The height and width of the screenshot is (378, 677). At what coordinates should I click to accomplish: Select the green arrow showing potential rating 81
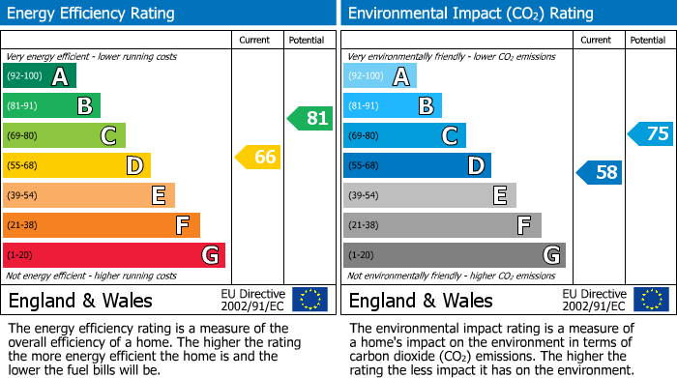pos(309,119)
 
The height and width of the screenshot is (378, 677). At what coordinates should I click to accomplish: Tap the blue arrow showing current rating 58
pos(600,173)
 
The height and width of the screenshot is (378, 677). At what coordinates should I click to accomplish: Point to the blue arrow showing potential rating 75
pos(651,134)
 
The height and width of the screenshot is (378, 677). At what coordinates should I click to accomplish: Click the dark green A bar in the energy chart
pos(40,76)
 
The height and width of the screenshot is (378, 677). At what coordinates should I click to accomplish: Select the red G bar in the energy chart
pos(114,255)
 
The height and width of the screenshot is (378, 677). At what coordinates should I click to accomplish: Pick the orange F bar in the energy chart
pos(102,225)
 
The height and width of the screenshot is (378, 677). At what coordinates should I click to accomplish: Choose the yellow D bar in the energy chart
pos(76,165)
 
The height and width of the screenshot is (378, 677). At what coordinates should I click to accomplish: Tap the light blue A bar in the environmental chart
pos(380,76)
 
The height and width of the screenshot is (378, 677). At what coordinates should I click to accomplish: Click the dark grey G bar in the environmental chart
pos(455,255)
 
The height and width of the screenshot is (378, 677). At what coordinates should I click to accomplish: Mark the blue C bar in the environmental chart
pos(404,135)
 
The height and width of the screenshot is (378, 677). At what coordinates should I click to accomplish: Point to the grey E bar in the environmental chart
pos(429,195)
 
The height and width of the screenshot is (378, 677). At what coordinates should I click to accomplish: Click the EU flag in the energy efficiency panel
pos(309,300)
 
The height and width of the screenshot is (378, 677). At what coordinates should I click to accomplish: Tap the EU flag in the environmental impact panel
pos(650,300)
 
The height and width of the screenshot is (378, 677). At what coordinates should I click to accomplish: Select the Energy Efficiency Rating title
pos(92,14)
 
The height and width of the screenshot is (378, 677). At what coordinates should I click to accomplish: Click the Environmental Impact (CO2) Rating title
pos(470,14)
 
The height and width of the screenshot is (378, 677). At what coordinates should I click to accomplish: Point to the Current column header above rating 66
pos(256,40)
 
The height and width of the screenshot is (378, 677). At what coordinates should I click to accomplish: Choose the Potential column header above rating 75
pos(648,40)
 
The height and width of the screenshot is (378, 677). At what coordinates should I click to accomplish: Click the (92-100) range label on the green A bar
pos(24,76)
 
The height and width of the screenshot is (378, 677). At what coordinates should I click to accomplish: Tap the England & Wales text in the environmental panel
pos(421,300)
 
